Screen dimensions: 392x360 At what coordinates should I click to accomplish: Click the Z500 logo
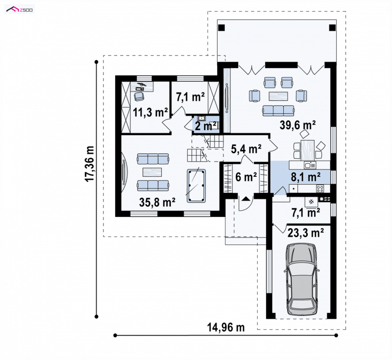click(x=20, y=9)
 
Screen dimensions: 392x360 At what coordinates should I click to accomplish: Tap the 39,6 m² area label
click(x=297, y=125)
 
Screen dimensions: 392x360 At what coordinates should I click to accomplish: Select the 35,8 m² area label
click(x=157, y=202)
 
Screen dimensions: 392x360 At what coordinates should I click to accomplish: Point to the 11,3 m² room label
click(x=150, y=113)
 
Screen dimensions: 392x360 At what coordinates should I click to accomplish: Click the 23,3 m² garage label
click(x=306, y=233)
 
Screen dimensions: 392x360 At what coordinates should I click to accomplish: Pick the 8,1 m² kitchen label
click(x=306, y=177)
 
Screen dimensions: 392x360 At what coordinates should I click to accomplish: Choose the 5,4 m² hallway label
click(x=246, y=149)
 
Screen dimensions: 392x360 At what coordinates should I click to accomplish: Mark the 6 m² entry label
click(x=246, y=177)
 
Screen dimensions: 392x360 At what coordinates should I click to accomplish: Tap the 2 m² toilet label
click(x=205, y=126)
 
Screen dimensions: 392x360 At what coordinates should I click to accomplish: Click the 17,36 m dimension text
click(x=90, y=164)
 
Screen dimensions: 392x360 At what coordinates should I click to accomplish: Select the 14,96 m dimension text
click(x=226, y=327)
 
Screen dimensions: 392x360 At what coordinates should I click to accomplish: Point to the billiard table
click(x=196, y=186)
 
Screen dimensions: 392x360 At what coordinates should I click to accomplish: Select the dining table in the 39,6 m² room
click(x=308, y=150)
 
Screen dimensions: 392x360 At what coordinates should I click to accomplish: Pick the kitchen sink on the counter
click(x=310, y=165)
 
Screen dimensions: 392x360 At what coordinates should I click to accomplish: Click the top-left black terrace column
click(x=222, y=27)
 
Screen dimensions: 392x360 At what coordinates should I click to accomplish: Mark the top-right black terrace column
click(x=333, y=27)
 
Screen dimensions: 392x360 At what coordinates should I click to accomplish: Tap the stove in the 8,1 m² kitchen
click(x=320, y=189)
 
